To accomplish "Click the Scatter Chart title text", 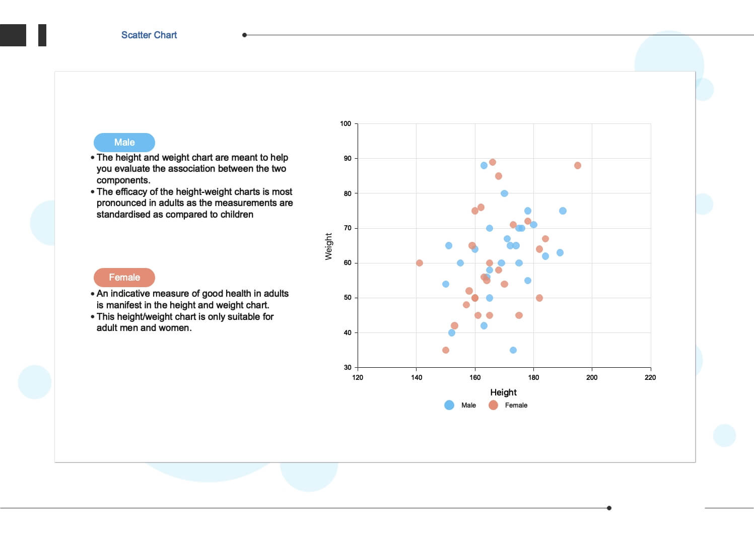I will pos(149,35).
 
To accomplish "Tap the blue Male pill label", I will pos(124,143).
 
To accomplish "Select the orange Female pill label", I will pos(124,278).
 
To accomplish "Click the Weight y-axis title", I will pos(329,246).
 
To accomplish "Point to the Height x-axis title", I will pos(503,392).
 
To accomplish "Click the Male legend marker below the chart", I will pos(449,405).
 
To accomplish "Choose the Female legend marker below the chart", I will pos(493,405).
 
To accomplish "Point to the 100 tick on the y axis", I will pos(346,123).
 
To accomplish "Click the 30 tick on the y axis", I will pos(348,368).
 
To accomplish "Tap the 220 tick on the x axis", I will pos(650,377).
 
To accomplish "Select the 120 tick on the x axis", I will pos(358,377).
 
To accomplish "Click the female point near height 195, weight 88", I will pos(578,166).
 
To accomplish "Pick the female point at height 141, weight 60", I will pos(420,263).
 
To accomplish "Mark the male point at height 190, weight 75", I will pos(563,211).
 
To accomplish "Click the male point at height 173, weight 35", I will pos(513,350).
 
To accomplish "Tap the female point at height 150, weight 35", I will pos(446,350).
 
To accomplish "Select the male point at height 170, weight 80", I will pos(504,193).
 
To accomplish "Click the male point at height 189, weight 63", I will pos(560,253).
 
